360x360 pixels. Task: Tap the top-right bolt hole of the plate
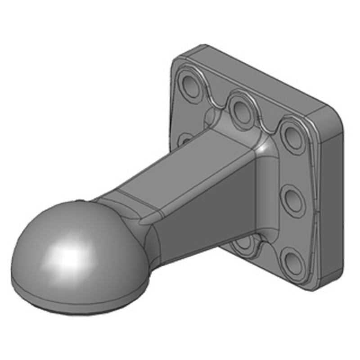[292, 135]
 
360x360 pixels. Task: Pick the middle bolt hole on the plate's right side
[294, 198]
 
